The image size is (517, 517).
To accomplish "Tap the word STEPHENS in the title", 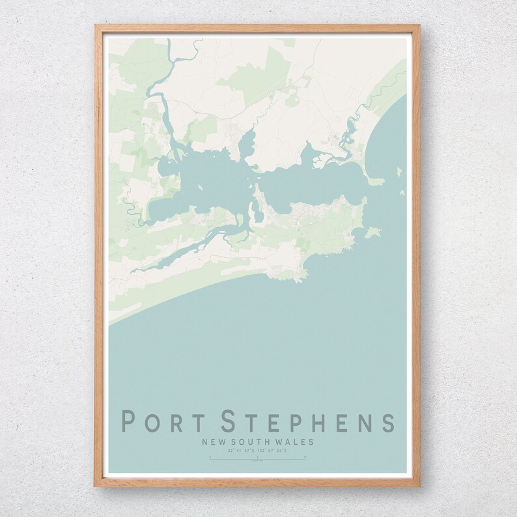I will pos(308,421).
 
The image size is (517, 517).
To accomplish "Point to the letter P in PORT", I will pos(129,421).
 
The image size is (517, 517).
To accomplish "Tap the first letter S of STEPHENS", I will pos(230,421).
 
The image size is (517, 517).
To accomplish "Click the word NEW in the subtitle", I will pos(214,441).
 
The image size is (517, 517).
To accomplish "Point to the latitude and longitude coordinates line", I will pos(258,450).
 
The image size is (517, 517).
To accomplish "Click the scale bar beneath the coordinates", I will pos(258,458).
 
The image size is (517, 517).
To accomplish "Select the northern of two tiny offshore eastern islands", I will pos(399,171).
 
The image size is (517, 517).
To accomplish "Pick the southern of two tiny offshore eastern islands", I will pos(402,193).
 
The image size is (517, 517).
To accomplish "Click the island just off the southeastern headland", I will pos(372,231).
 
